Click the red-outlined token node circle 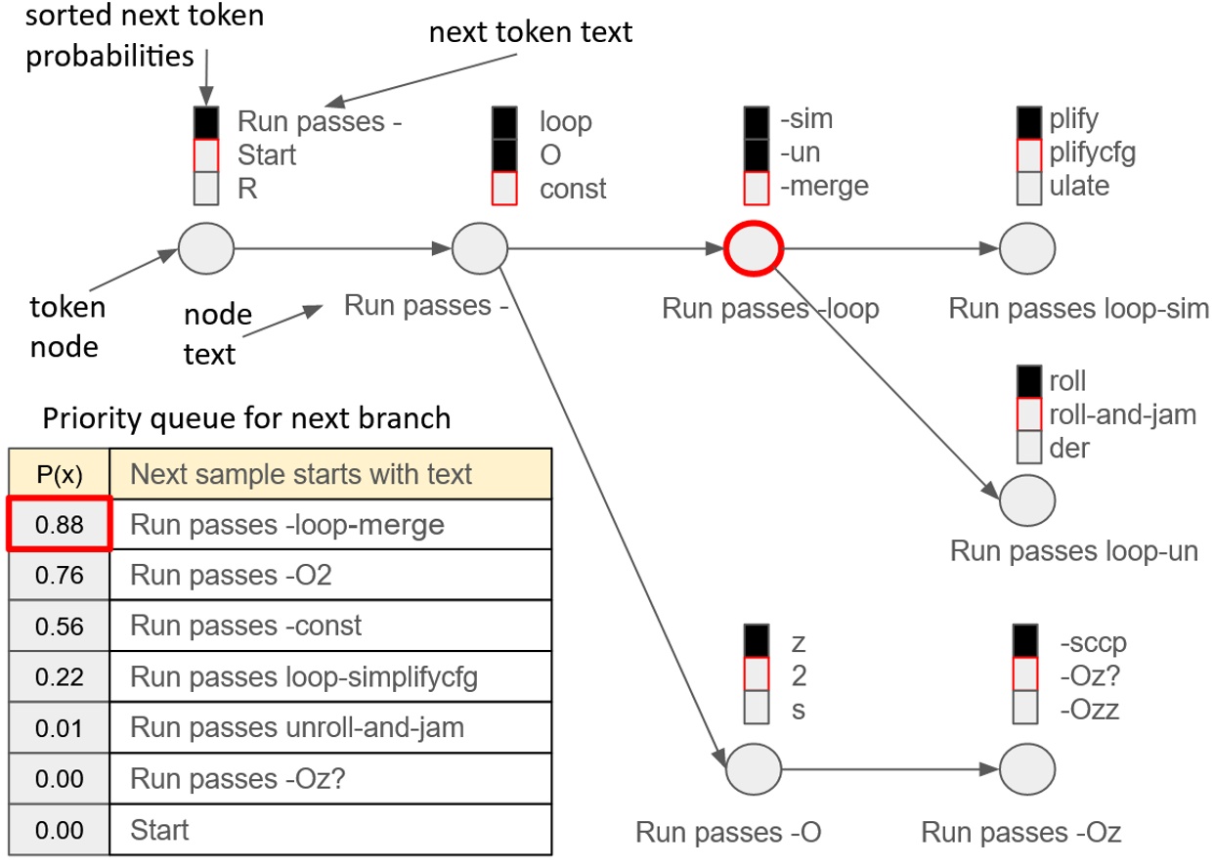point(753,249)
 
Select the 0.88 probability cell point(59,525)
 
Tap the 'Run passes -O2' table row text point(231,576)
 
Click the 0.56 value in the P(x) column point(59,626)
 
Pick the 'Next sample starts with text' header point(301,474)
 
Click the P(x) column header point(59,474)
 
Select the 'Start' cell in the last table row point(159,830)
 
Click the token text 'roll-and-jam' point(1121,413)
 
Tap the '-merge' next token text point(824,186)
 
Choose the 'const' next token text point(573,189)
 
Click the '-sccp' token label point(1094,643)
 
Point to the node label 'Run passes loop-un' point(1073,550)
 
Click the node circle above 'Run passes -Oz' point(1026,768)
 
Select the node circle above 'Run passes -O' point(753,768)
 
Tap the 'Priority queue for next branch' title point(245,418)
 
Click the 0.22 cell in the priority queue point(59,676)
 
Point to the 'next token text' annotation point(531,31)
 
